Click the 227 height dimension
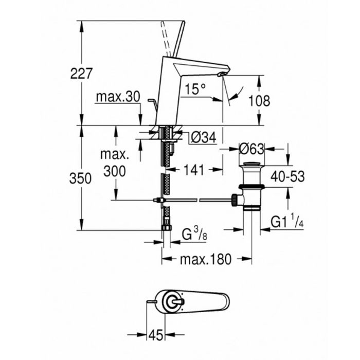tap(81, 74)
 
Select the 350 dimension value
tap(80, 178)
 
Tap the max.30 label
tap(118, 97)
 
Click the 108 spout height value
tap(259, 101)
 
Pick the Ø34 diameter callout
tap(204, 137)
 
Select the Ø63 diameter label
tap(252, 149)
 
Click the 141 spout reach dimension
tap(194, 170)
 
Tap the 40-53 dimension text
tap(287, 176)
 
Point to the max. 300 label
tap(115, 163)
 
